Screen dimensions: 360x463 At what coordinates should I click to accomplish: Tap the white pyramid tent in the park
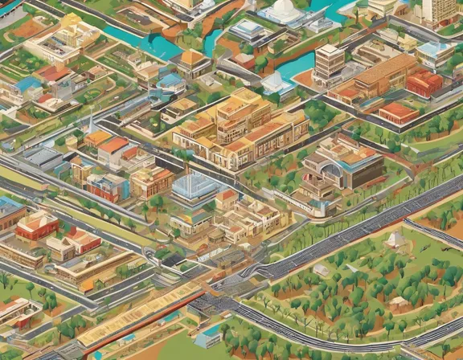click(x=396, y=239)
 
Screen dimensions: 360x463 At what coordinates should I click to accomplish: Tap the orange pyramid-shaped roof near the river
click(x=194, y=58)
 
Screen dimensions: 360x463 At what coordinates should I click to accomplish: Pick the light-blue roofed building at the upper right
click(x=434, y=51)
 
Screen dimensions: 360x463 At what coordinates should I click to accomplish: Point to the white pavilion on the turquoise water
click(x=276, y=83)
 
